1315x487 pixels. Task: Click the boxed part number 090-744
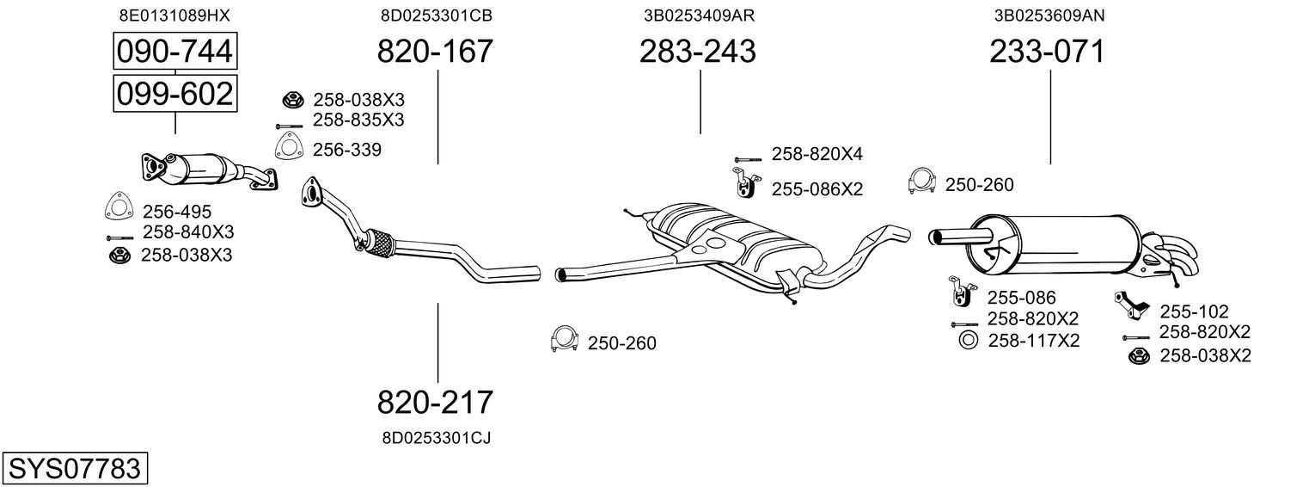point(174,52)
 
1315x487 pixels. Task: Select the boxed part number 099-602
point(174,93)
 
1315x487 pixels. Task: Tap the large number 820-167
point(436,52)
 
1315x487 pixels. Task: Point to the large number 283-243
point(697,52)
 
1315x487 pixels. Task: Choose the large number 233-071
point(1047,52)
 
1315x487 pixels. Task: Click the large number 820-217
point(436,402)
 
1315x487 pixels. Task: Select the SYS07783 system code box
point(74,469)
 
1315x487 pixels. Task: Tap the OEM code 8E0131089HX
point(174,15)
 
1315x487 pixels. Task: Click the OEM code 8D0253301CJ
point(436,438)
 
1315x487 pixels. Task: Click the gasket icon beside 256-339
point(288,147)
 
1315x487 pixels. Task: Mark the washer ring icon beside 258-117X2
point(967,340)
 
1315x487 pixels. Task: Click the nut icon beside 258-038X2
point(1139,356)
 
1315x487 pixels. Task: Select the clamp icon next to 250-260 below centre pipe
point(564,341)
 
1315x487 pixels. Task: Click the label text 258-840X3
point(188,232)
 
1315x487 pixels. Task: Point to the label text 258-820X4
point(817,154)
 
